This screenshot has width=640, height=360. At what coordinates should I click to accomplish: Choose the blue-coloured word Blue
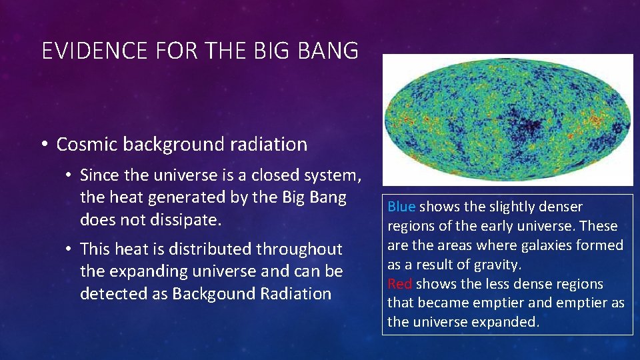pyautogui.click(x=401, y=207)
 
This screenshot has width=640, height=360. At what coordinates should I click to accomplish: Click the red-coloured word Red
pyautogui.click(x=400, y=284)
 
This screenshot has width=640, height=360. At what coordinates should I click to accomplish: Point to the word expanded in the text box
pyautogui.click(x=507, y=322)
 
